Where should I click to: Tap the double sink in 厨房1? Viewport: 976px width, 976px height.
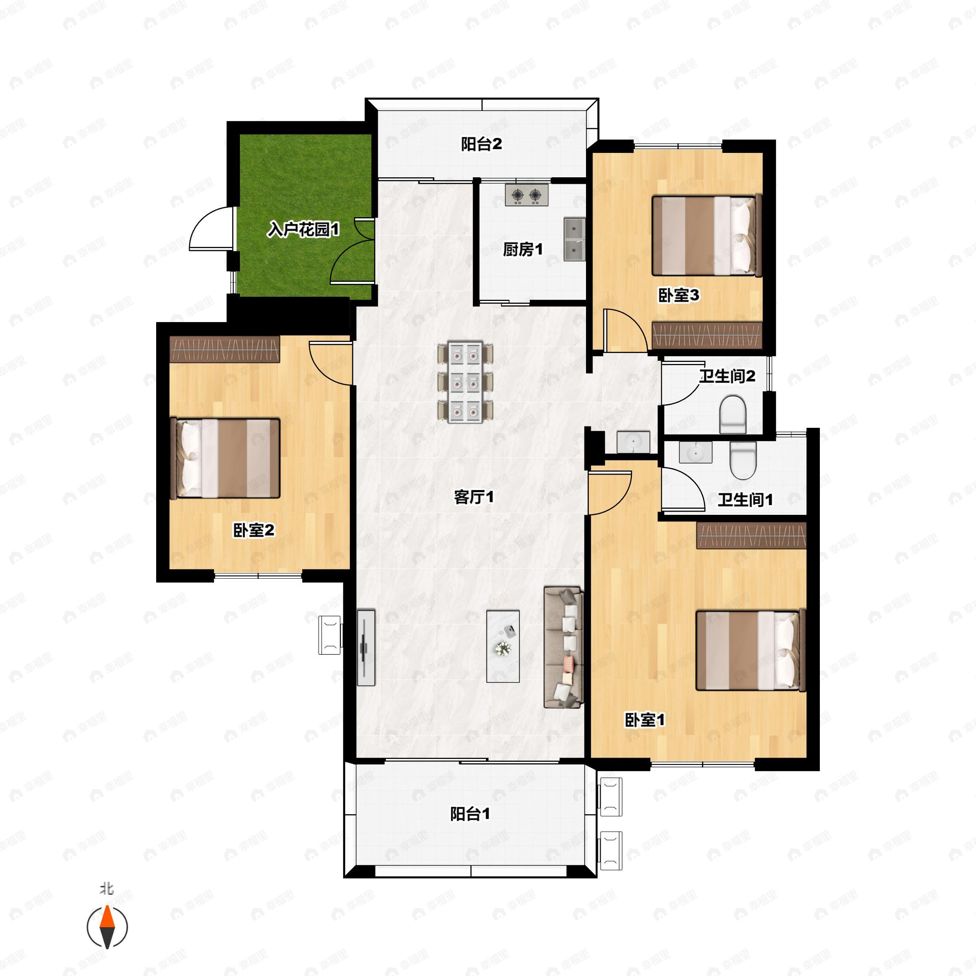click(x=574, y=240)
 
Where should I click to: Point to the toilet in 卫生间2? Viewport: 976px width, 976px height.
click(x=732, y=415)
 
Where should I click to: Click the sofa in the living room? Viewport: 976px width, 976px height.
click(x=564, y=647)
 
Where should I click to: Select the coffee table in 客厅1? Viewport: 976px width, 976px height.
click(x=503, y=647)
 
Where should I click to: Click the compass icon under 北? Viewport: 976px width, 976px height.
click(x=107, y=927)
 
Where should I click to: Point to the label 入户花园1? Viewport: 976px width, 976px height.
click(x=303, y=230)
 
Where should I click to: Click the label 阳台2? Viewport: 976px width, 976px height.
click(x=481, y=144)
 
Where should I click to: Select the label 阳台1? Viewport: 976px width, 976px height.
click(x=470, y=814)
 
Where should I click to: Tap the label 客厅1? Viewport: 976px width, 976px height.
click(x=474, y=497)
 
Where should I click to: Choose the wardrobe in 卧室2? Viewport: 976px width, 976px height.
click(x=225, y=349)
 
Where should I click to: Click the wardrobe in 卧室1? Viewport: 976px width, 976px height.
click(x=751, y=536)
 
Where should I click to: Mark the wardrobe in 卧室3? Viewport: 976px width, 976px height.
click(x=707, y=335)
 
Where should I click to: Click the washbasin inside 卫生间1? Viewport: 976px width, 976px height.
click(x=696, y=452)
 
